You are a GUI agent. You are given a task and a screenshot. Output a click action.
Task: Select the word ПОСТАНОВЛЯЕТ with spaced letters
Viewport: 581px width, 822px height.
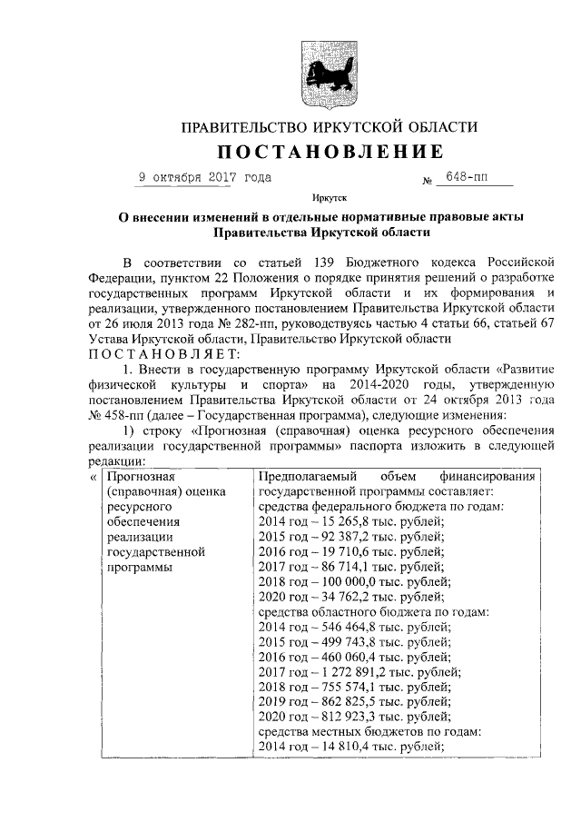coord(164,353)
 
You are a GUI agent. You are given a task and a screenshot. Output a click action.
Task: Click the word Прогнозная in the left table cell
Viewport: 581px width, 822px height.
coord(141,476)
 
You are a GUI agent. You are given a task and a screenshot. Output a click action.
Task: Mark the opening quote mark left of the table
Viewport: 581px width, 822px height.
coord(94,476)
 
